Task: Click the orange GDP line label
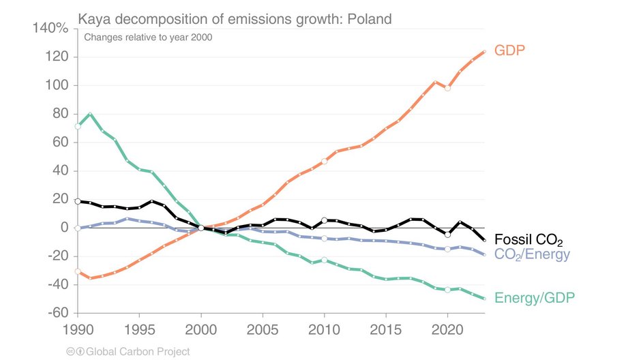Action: [x=513, y=50]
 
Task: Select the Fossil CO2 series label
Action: [x=529, y=240]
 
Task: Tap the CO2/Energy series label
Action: [x=533, y=255]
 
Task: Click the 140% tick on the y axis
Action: [x=50, y=29]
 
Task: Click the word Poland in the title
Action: [x=369, y=19]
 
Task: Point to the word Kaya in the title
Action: [x=93, y=19]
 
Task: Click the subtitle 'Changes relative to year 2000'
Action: [x=148, y=37]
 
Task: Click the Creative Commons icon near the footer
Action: [x=69, y=352]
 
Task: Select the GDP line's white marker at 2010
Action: [x=325, y=162]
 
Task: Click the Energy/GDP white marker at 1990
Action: [x=78, y=126]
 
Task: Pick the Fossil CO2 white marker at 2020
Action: [x=447, y=235]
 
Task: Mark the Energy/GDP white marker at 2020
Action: [x=447, y=290]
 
